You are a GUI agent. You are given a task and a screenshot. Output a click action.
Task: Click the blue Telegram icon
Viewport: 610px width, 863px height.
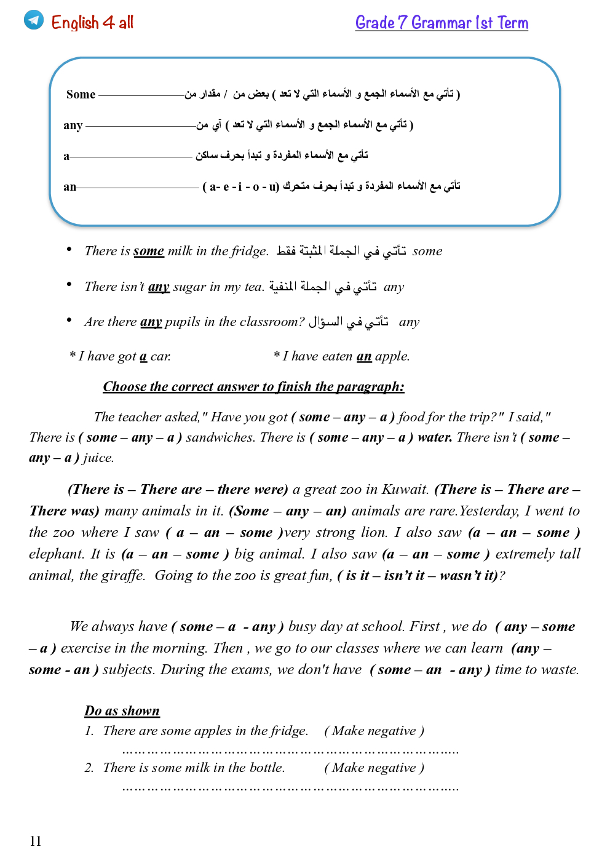[34, 20]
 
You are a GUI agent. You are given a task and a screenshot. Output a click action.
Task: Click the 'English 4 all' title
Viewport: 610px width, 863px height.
[92, 23]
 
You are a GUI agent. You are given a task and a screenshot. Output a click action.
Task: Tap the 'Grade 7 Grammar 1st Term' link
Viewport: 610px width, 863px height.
[442, 23]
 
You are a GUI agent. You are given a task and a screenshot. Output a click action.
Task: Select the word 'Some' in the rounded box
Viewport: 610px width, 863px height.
[81, 94]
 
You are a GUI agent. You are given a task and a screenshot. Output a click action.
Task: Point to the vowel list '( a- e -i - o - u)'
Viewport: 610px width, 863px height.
[240, 186]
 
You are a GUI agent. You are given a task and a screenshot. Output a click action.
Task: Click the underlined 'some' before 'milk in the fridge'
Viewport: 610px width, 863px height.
[148, 251]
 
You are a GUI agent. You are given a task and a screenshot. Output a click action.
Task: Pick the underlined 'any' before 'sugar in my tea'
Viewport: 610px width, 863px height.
[159, 287]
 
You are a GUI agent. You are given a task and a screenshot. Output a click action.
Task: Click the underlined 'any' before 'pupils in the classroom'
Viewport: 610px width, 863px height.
[151, 322]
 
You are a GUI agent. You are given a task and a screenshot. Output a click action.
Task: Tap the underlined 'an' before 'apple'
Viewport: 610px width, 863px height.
[364, 356]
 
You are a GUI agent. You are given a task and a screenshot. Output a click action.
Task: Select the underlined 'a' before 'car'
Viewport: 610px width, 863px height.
[143, 357]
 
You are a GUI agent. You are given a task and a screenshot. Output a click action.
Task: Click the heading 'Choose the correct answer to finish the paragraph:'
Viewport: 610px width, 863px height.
[253, 386]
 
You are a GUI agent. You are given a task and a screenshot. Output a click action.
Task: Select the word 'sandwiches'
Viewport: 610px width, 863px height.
[220, 437]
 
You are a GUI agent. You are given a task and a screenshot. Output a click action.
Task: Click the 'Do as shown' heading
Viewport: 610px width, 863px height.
[122, 711]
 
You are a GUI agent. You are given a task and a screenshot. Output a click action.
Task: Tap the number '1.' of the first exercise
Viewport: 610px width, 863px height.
[89, 731]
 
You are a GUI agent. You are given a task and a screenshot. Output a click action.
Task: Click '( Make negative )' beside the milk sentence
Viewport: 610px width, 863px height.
[374, 768]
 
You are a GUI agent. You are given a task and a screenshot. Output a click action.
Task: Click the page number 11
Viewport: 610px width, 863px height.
[36, 841]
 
